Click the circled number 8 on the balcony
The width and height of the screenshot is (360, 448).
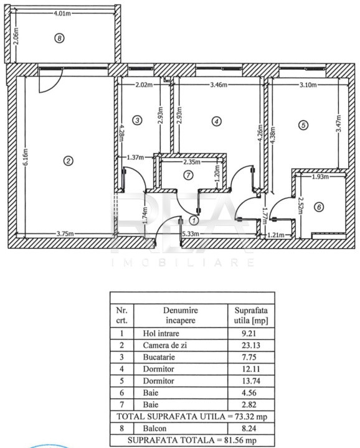(59, 38)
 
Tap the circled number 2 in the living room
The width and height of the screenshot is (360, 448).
(68, 161)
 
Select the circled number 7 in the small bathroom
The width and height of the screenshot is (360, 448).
(188, 175)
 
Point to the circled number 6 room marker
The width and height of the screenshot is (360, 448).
(319, 207)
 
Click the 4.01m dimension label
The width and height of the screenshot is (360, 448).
(62, 14)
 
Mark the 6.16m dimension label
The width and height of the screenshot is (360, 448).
(26, 157)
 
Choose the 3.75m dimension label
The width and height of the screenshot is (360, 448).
(65, 234)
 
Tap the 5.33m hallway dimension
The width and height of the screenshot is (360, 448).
(191, 234)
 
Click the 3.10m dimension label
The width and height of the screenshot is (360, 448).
(308, 85)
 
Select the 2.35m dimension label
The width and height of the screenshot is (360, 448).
(192, 162)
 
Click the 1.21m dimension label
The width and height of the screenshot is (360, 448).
(276, 235)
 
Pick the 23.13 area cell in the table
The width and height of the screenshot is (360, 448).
(251, 345)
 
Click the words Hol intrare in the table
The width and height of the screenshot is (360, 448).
(161, 334)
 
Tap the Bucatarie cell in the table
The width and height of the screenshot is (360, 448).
(159, 357)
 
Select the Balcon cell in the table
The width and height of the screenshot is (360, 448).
(154, 429)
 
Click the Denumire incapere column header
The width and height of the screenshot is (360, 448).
(181, 315)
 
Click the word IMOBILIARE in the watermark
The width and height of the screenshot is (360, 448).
(182, 263)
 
